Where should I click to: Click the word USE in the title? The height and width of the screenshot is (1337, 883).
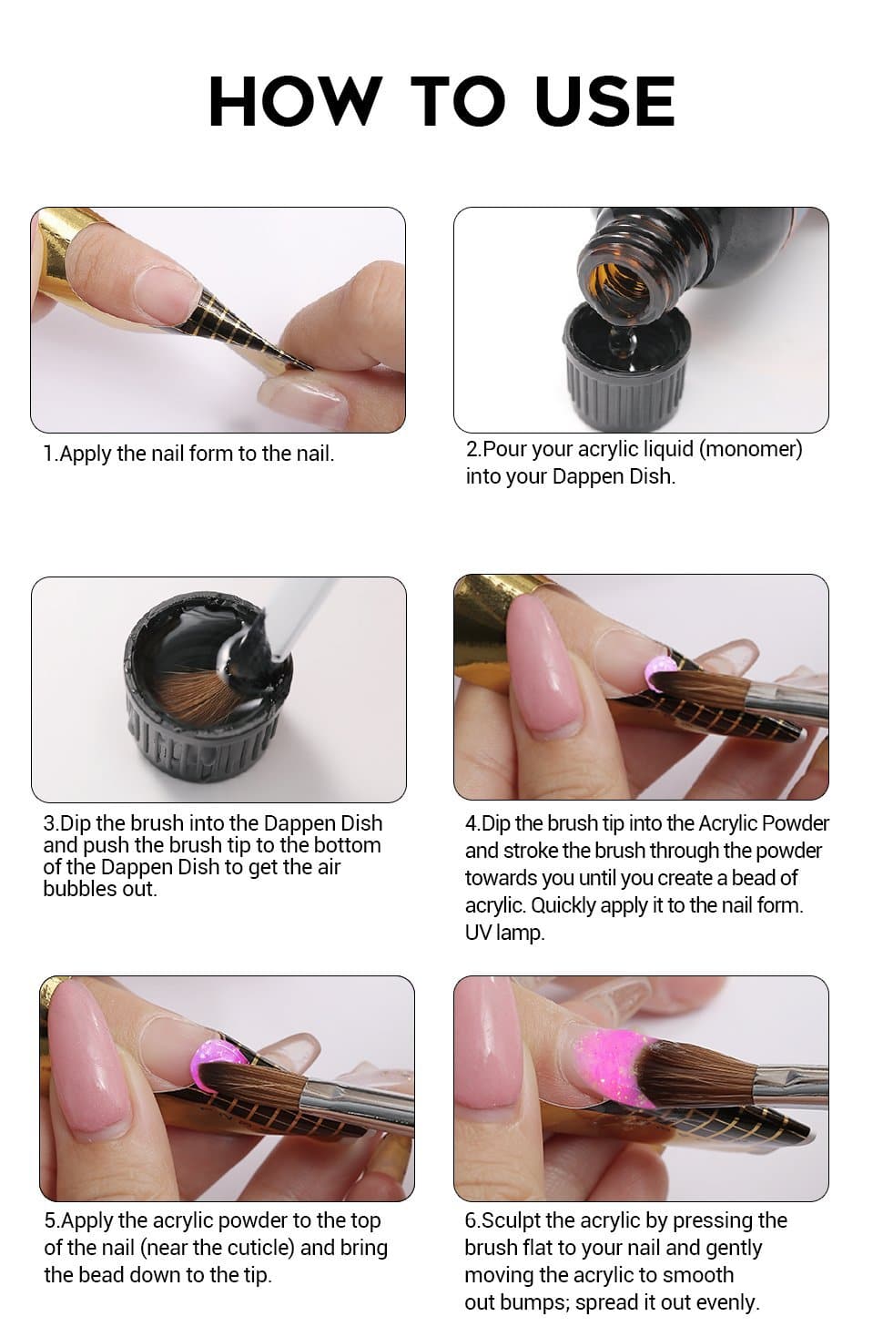pos(605,101)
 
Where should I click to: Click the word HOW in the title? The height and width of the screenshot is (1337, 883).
pos(295,101)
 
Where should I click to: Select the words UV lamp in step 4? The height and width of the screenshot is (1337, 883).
pos(504,933)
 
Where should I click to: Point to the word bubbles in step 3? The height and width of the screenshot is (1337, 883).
pos(80,888)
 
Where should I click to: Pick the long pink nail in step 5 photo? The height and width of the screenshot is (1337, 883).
pos(89,1057)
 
